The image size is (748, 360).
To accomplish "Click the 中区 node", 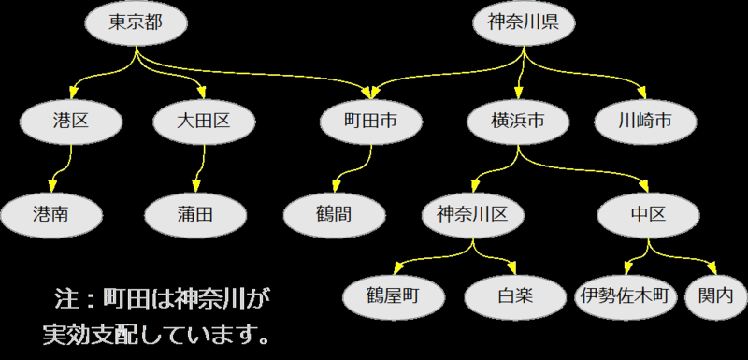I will tap(648, 214).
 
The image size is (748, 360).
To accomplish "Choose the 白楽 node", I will tap(511, 296).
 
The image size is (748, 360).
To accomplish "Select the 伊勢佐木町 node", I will tap(624, 296).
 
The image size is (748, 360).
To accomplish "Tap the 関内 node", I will tap(716, 296).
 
